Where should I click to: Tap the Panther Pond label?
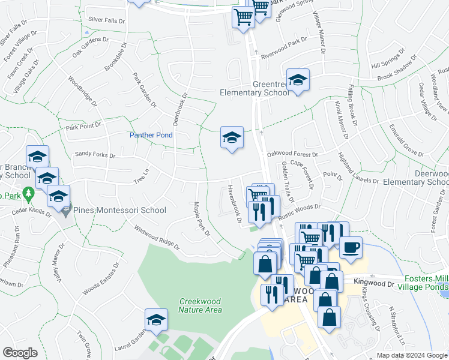pos(151,136)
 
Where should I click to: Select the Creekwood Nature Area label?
pos(200,305)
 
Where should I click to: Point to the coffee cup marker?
pos(351,247)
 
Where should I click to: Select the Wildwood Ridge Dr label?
pos(157,237)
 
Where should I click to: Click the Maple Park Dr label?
pos(201,218)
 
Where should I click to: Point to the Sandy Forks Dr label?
pos(94,155)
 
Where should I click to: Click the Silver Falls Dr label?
pos(106,20)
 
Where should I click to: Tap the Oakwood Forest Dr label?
pos(292,154)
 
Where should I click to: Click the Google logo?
pos(20,353)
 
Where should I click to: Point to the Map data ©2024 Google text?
pos(411,355)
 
